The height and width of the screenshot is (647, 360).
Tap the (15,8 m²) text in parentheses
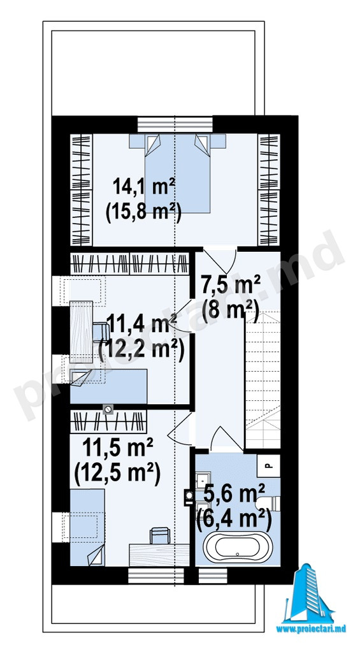pyautogui.click(x=144, y=214)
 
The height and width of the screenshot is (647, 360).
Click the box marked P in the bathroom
pyautogui.click(x=268, y=466)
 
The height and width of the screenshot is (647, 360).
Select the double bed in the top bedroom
pyautogui.click(x=177, y=173)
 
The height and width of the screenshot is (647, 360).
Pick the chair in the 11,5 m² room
pyautogui.click(x=160, y=535)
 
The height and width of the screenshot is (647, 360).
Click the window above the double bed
pyautogui.click(x=175, y=124)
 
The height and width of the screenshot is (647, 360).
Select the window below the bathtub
pyautogui.click(x=213, y=576)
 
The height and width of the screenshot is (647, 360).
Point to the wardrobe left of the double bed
pyautogui.click(x=81, y=190)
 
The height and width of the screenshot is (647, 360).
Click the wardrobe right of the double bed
pyautogui.click(x=269, y=190)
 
